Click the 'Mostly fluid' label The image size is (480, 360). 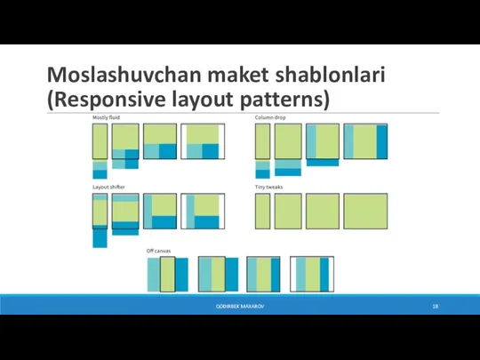(x=107, y=117)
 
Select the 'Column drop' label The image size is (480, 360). (x=270, y=117)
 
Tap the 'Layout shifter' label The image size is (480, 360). (x=108, y=188)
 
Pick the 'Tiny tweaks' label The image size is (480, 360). (x=269, y=188)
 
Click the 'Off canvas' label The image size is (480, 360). (x=159, y=252)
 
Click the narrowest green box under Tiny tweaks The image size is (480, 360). (x=262, y=212)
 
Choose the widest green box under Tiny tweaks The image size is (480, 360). (x=366, y=212)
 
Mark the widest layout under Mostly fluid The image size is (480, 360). (x=202, y=140)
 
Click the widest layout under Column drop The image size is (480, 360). (x=365, y=140)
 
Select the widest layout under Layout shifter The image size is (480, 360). (x=202, y=212)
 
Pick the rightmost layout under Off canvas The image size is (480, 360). (x=310, y=274)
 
